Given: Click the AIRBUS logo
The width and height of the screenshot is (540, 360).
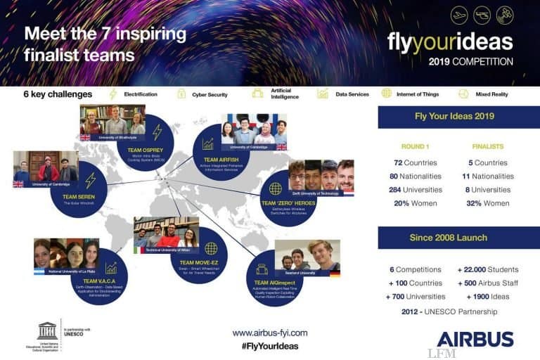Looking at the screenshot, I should point(475,339).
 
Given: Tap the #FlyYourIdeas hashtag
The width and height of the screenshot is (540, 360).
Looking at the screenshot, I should point(270,346).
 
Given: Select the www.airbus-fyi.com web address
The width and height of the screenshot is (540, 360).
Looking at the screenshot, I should point(270,333).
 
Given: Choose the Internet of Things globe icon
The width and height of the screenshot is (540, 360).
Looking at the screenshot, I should point(386,94).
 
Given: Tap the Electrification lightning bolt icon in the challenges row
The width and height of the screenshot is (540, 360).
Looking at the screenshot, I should point(112,94).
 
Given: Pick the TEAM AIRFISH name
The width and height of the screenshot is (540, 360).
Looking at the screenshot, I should point(217,160).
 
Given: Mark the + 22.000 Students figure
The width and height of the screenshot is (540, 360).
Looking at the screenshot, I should point(487,269).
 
